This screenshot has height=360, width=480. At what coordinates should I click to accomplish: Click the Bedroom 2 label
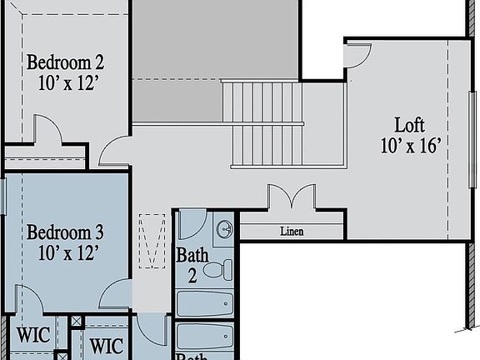point(65,62)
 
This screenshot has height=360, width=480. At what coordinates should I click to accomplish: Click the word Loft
point(409,125)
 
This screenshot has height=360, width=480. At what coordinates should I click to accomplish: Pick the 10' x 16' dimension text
point(409,145)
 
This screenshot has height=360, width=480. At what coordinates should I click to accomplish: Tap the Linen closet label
point(291,231)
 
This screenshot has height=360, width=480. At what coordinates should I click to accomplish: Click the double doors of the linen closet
point(291,200)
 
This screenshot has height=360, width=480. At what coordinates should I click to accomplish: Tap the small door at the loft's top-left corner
point(356,55)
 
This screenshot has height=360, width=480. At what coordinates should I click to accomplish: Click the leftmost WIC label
point(34,337)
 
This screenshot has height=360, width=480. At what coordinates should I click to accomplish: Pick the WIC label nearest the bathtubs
point(107,344)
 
